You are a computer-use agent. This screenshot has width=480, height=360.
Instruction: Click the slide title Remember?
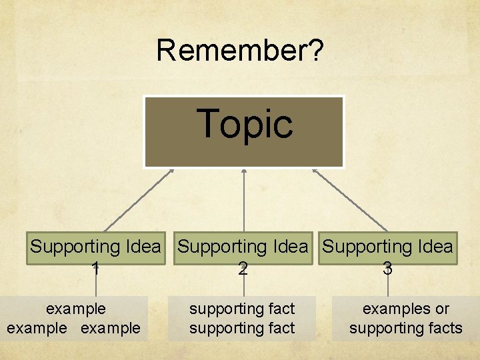(x=240, y=51)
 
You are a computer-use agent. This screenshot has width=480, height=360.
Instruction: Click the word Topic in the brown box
(x=245, y=124)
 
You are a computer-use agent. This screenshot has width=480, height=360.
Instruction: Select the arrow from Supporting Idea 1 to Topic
(x=139, y=200)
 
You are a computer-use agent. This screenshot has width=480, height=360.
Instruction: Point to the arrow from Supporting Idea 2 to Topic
(x=244, y=200)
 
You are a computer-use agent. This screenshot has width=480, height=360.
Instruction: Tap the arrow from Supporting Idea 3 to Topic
(x=349, y=200)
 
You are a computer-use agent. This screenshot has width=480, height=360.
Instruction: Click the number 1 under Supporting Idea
(x=96, y=268)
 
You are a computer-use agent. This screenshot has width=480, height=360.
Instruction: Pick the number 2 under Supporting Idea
(x=243, y=268)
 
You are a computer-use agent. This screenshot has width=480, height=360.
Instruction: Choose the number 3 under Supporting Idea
(x=387, y=268)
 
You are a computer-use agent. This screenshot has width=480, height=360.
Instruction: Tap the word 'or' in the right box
(x=442, y=309)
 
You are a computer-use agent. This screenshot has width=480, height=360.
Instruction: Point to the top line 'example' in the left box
(x=75, y=309)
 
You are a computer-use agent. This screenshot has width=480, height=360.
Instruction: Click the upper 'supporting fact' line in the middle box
(x=242, y=309)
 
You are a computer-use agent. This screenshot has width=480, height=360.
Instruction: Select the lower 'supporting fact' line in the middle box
(x=242, y=328)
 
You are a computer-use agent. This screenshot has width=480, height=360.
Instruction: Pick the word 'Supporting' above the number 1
(x=75, y=247)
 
